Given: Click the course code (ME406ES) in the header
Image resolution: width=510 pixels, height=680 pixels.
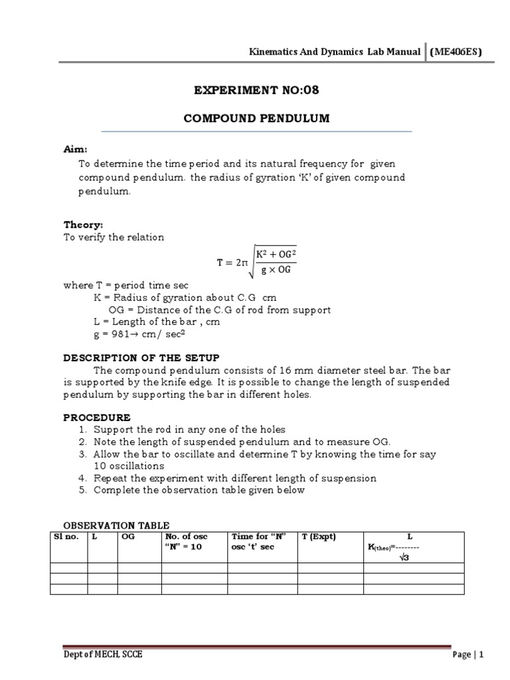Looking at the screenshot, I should pyautogui.click(x=456, y=52).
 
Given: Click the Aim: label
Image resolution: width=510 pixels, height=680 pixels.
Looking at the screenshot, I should pyautogui.click(x=75, y=151).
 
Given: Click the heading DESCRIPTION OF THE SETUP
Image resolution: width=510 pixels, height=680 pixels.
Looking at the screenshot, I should pyautogui.click(x=141, y=357).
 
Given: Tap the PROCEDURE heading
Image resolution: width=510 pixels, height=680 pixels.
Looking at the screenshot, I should pyautogui.click(x=97, y=418).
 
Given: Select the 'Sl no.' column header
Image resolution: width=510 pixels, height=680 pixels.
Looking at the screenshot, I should pyautogui.click(x=65, y=537).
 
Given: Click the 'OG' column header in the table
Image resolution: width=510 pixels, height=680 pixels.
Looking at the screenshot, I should pyautogui.click(x=128, y=537).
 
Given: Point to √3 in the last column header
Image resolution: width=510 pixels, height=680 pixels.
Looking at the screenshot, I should pyautogui.click(x=403, y=557).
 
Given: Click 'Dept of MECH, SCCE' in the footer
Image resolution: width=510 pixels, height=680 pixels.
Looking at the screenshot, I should pyautogui.click(x=102, y=654).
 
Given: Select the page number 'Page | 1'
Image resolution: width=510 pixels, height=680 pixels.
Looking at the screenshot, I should pyautogui.click(x=468, y=654).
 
